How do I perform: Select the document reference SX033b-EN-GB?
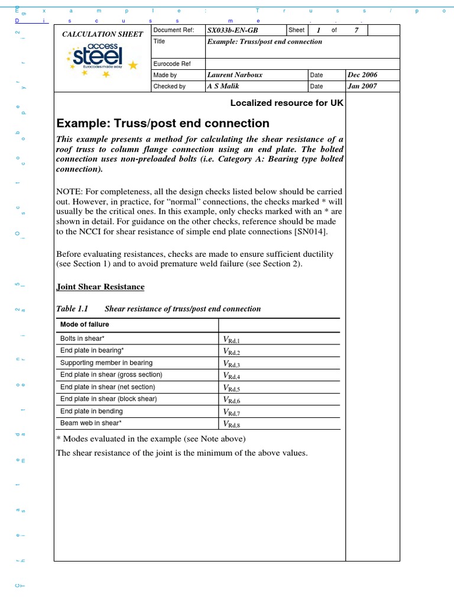(233, 30)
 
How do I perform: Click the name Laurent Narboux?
(235, 75)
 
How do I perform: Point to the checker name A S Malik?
(222, 86)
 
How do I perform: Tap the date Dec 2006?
(362, 75)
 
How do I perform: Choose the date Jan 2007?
(362, 86)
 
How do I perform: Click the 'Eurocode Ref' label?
(172, 64)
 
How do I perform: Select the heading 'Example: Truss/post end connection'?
(163, 123)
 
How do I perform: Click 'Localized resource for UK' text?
(287, 102)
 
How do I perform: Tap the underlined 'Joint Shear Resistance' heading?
(100, 287)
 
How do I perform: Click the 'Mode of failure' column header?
(85, 324)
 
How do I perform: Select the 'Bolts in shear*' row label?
(83, 339)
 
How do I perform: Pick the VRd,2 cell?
(231, 351)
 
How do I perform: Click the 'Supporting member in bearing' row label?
(106, 363)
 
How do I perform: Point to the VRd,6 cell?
(231, 399)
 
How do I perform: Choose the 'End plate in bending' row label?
(92, 411)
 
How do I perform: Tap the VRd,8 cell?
(231, 424)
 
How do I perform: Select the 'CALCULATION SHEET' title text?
(103, 34)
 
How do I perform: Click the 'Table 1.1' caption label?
(72, 309)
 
